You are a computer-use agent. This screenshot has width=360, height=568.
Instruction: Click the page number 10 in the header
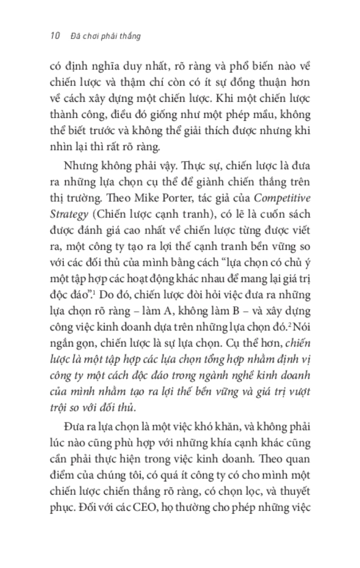click(x=53, y=36)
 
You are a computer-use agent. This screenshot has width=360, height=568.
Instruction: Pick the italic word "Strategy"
click(x=69, y=214)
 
